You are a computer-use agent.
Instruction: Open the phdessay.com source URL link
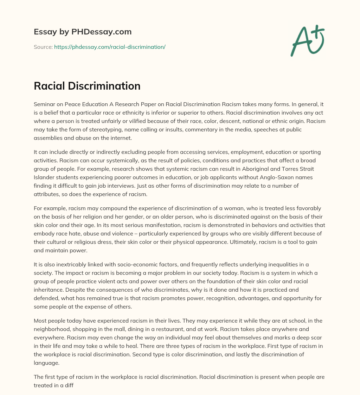(x=110, y=47)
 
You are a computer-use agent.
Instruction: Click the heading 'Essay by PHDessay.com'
(x=83, y=32)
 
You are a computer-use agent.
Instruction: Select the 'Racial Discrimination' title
(x=87, y=86)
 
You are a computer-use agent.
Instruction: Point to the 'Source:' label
(x=43, y=47)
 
